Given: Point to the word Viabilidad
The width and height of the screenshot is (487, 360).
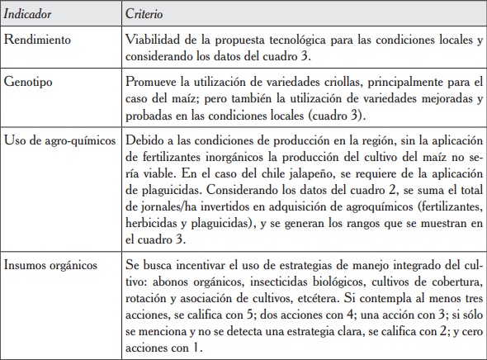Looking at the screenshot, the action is point(153,39).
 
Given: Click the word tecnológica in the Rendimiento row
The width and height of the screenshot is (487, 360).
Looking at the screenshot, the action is point(294,39).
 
